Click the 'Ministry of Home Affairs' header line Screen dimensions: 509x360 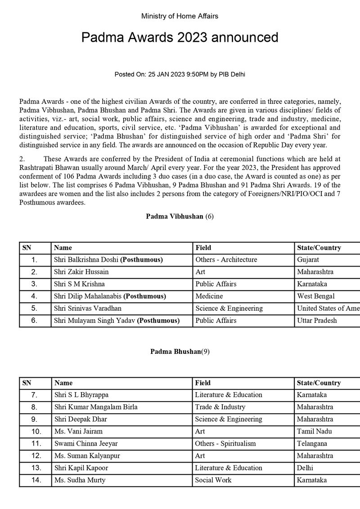click(x=180, y=16)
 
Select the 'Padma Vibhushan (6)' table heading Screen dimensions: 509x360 click(x=180, y=216)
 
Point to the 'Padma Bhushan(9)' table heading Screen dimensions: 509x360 click(x=180, y=352)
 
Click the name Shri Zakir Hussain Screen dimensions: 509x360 click(x=81, y=272)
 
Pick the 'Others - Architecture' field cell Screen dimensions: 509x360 click(x=226, y=260)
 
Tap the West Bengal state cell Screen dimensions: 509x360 click(x=316, y=296)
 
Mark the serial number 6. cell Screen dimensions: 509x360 click(x=35, y=321)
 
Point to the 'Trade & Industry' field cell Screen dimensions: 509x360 click(x=220, y=407)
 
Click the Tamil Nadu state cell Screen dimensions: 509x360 click(x=314, y=431)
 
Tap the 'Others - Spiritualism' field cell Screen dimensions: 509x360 click(x=226, y=443)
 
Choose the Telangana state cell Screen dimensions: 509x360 click(x=312, y=443)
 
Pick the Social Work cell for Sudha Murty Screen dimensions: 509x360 click(x=213, y=480)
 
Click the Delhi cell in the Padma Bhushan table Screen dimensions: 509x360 click(x=305, y=468)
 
